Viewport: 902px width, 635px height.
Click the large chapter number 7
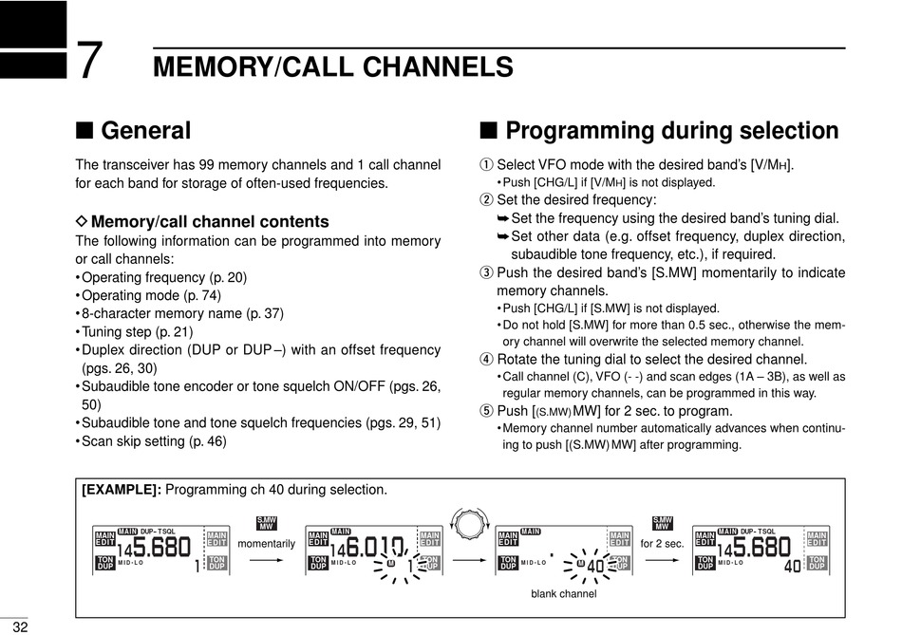point(88,63)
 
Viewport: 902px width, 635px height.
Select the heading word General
point(145,131)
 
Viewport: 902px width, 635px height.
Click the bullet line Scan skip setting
point(154,441)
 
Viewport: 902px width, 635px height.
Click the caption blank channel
point(564,594)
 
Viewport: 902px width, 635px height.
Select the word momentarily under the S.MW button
point(267,544)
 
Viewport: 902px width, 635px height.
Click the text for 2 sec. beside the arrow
point(662,544)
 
